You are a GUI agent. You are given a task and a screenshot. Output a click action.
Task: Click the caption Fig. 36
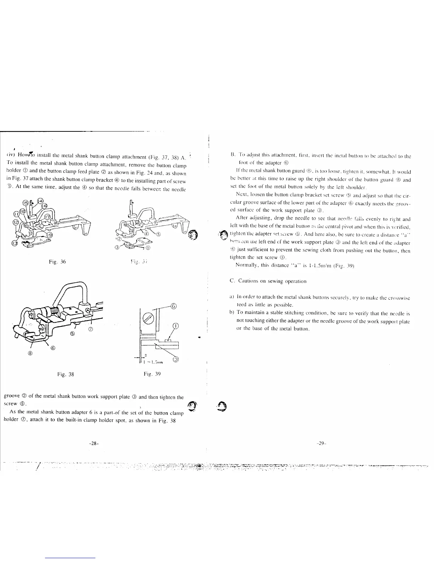click(x=57, y=262)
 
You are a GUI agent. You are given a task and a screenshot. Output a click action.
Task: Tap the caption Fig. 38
click(x=66, y=374)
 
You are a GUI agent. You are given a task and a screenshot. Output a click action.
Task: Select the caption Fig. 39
click(x=152, y=374)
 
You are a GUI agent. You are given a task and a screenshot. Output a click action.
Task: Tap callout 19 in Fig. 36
click(x=50, y=234)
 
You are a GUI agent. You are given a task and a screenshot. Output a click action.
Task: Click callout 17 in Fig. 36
click(x=47, y=217)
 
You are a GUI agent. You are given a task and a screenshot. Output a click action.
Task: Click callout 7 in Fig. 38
click(x=90, y=330)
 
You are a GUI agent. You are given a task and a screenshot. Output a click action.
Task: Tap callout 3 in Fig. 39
click(x=175, y=360)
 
